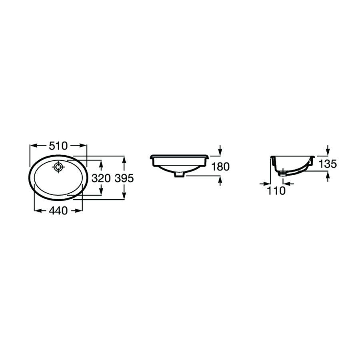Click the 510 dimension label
pos(58,146)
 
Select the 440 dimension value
pos(58,211)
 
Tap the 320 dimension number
pos(101,178)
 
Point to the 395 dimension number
pos(124,178)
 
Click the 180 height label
pos(220,167)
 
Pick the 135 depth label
pos(328,164)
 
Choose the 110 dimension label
pos(276,191)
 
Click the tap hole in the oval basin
pos(58,167)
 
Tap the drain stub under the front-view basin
pos(179,174)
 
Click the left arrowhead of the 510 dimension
pos(34,146)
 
